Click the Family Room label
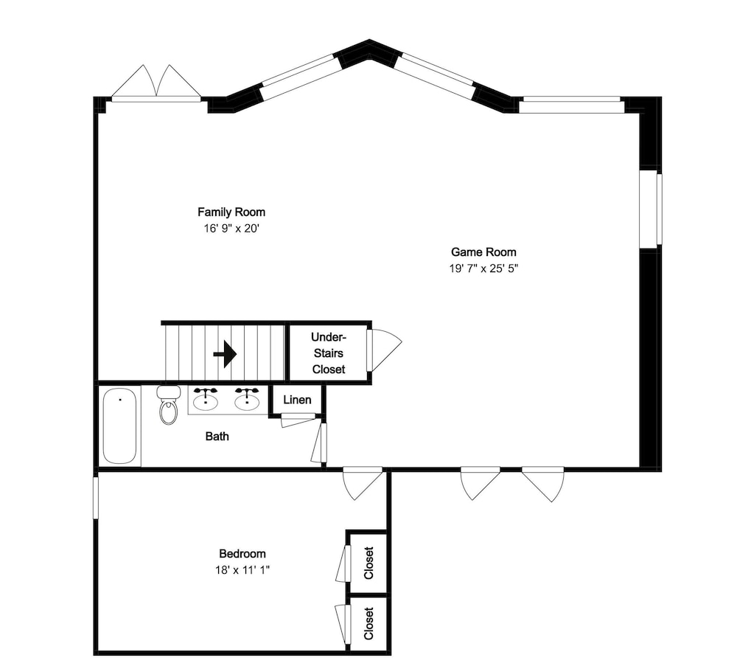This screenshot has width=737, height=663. coord(231,212)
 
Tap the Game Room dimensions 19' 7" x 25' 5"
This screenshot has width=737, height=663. coord(483,268)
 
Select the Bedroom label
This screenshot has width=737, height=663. coord(242,553)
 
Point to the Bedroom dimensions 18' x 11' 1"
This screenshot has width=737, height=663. coord(242,570)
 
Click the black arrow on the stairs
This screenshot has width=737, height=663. coord(225,354)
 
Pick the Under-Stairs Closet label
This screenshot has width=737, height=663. coord(329,353)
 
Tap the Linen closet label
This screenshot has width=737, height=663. coord(297,400)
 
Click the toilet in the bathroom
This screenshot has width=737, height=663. coord(168,406)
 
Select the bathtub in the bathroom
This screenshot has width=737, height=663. coord(119,426)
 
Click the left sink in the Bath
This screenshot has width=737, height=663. coord(206,400)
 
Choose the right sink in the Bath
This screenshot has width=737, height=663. coord(247,400)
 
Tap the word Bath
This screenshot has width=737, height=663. coord(217,437)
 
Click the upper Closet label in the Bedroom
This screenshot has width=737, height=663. coord(369,563)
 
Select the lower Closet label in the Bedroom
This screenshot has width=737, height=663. coord(369,623)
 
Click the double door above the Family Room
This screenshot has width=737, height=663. coord(156,83)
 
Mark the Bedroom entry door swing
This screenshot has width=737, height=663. coord(363,482)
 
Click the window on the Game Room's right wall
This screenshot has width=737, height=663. coord(651,208)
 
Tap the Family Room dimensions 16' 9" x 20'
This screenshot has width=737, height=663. coord(231,229)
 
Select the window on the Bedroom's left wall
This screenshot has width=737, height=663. coord(96,498)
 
